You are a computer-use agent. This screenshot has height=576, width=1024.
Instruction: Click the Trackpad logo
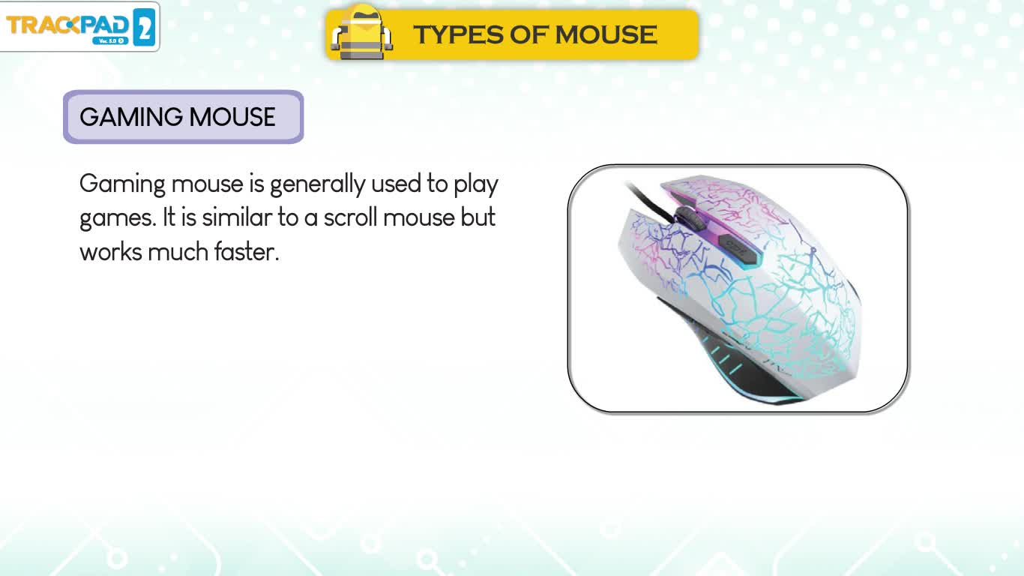(79, 26)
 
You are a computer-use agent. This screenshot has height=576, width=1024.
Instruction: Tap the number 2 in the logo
(144, 28)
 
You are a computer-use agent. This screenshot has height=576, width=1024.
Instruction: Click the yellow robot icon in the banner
(361, 32)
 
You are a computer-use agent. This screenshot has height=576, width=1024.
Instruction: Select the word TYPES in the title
(458, 34)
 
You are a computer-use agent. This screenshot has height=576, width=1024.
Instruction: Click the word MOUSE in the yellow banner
(606, 34)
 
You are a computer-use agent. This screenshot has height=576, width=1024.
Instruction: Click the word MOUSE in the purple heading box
(232, 117)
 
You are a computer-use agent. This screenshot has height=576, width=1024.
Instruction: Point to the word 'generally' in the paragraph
(317, 184)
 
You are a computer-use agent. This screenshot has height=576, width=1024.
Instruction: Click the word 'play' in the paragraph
(476, 184)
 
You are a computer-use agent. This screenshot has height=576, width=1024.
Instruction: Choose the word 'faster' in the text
(247, 252)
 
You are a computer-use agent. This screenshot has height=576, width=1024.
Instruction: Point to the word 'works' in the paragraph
(111, 252)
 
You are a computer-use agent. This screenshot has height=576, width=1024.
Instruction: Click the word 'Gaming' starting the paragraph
(122, 184)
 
